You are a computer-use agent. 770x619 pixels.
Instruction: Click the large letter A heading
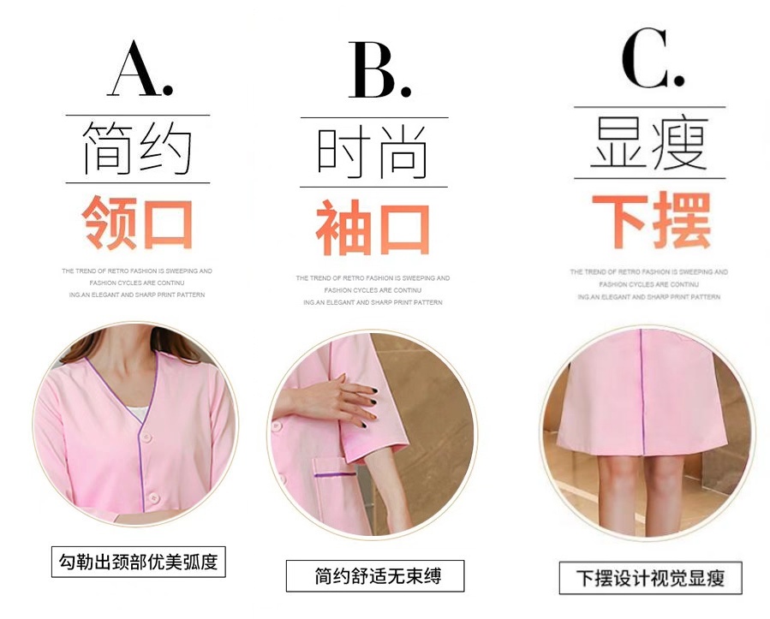(140, 68)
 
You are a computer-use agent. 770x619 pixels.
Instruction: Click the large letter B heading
(379, 69)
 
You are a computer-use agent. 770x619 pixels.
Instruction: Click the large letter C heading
(653, 58)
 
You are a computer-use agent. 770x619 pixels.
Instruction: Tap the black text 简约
(137, 149)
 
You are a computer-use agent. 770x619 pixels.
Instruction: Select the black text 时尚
(373, 152)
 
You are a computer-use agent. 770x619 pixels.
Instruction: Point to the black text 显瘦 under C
(649, 142)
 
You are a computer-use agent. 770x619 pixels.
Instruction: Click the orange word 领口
(137, 223)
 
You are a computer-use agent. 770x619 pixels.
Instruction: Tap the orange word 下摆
(651, 220)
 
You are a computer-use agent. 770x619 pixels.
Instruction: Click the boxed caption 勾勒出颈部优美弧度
(139, 562)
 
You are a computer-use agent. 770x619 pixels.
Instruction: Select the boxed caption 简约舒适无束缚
(375, 576)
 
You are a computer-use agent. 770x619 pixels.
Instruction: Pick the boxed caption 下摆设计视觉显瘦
(650, 578)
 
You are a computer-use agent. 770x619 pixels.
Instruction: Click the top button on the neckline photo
(146, 437)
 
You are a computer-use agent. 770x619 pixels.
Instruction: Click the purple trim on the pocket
(335, 474)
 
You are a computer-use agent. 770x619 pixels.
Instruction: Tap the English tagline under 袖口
(373, 290)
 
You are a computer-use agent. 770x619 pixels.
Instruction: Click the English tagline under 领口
(137, 283)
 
